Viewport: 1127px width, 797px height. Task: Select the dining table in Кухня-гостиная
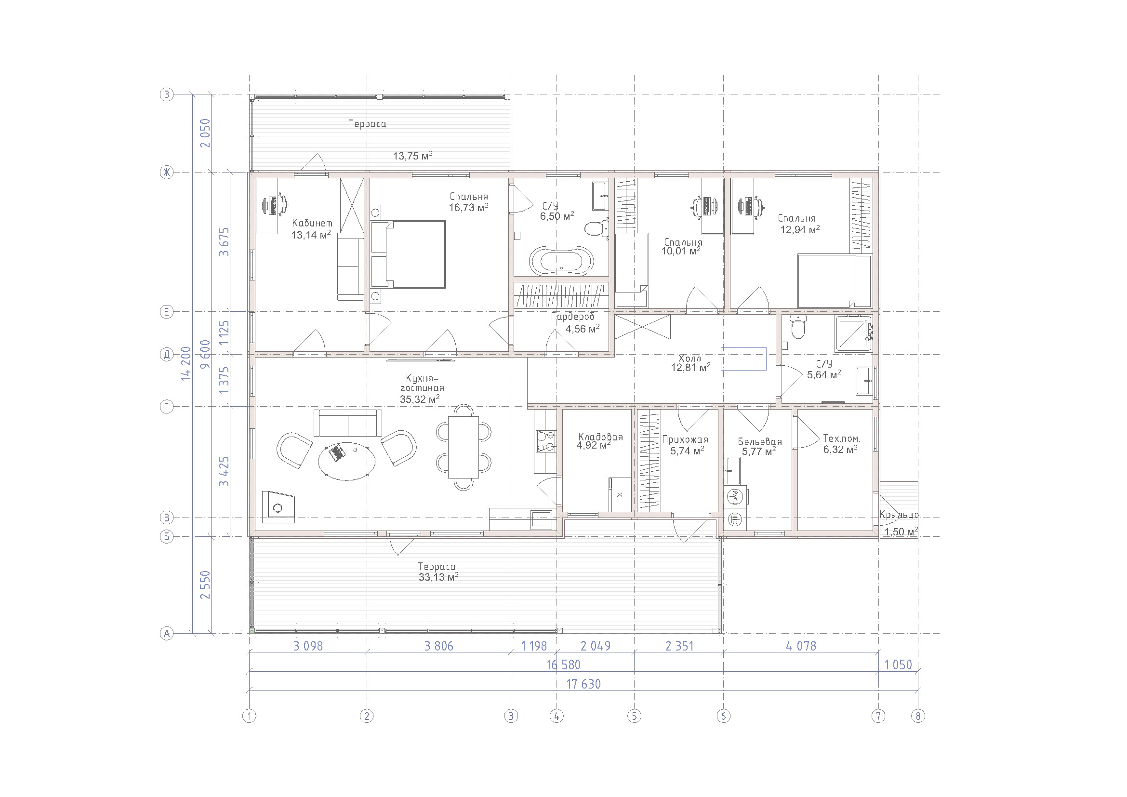pos(463,447)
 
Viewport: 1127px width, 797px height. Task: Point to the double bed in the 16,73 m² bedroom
pos(408,254)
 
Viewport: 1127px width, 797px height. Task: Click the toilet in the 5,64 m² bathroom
pos(798,327)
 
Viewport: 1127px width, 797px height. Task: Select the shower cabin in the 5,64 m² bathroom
pos(854,333)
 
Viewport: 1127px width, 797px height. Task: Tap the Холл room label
pos(689,358)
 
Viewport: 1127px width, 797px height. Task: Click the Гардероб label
pos(572,317)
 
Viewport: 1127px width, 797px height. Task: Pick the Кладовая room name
pos(600,437)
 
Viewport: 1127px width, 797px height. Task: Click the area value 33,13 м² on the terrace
pos(438,577)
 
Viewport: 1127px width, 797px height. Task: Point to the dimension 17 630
pos(583,684)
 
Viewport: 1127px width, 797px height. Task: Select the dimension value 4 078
pos(801,646)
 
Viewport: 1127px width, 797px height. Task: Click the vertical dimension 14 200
pos(186,364)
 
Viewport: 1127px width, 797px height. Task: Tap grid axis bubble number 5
pos(634,716)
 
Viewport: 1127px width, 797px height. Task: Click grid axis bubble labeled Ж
pos(167,172)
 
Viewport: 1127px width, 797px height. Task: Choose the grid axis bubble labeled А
pos(167,634)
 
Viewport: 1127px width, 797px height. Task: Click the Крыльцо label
pos(899,515)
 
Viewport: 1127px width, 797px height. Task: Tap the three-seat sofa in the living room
pos(347,423)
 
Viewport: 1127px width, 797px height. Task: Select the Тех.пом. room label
pos(841,438)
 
